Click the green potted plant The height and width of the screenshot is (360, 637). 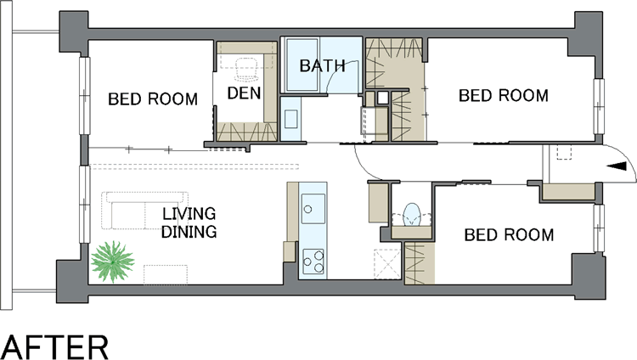112,262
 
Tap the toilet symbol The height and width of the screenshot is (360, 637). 412,215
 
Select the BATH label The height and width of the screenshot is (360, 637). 323,66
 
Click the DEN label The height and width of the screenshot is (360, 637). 244,93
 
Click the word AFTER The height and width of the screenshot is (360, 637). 55,347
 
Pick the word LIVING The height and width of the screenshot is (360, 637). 189,214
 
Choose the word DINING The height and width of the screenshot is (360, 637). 189,232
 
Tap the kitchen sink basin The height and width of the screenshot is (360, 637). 313,208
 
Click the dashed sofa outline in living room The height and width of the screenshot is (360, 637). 145,211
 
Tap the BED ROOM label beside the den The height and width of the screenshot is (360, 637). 153,99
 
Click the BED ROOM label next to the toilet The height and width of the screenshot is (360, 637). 509,235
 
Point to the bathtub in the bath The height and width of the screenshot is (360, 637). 302,65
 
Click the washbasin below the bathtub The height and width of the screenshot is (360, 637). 290,119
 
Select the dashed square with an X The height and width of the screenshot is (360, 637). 387,264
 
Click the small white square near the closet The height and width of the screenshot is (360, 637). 382,98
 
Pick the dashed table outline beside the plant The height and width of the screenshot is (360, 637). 166,275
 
